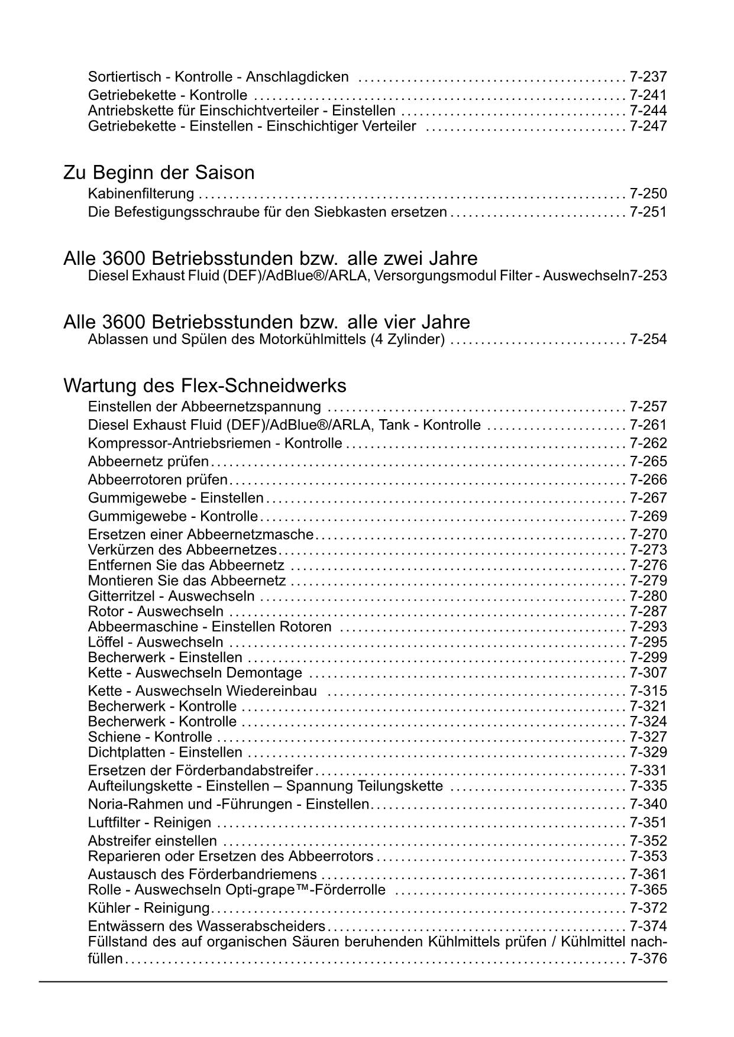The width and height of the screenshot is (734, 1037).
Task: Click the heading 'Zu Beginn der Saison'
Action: pyautogui.click(x=159, y=173)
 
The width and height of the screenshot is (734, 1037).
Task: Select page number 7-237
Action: pyautogui.click(x=648, y=77)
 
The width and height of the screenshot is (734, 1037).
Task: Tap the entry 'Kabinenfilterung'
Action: pyautogui.click(x=141, y=194)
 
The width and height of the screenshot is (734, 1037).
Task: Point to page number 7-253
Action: pyautogui.click(x=648, y=276)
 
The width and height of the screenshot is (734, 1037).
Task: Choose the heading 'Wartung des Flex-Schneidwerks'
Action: pyautogui.click(x=204, y=385)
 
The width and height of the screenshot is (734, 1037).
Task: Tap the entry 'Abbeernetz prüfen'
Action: pyautogui.click(x=148, y=462)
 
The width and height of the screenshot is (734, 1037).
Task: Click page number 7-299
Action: pyautogui.click(x=648, y=657)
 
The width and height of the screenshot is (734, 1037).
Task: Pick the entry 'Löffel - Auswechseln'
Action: pyautogui.click(x=156, y=642)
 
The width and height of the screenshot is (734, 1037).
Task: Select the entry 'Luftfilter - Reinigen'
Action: pyautogui.click(x=149, y=823)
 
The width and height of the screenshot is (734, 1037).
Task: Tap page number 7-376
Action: pyautogui.click(x=648, y=959)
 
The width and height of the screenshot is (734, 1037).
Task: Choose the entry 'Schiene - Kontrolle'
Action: pyautogui.click(x=150, y=737)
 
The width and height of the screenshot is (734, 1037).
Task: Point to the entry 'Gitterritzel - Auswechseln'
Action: pyautogui.click(x=171, y=596)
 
